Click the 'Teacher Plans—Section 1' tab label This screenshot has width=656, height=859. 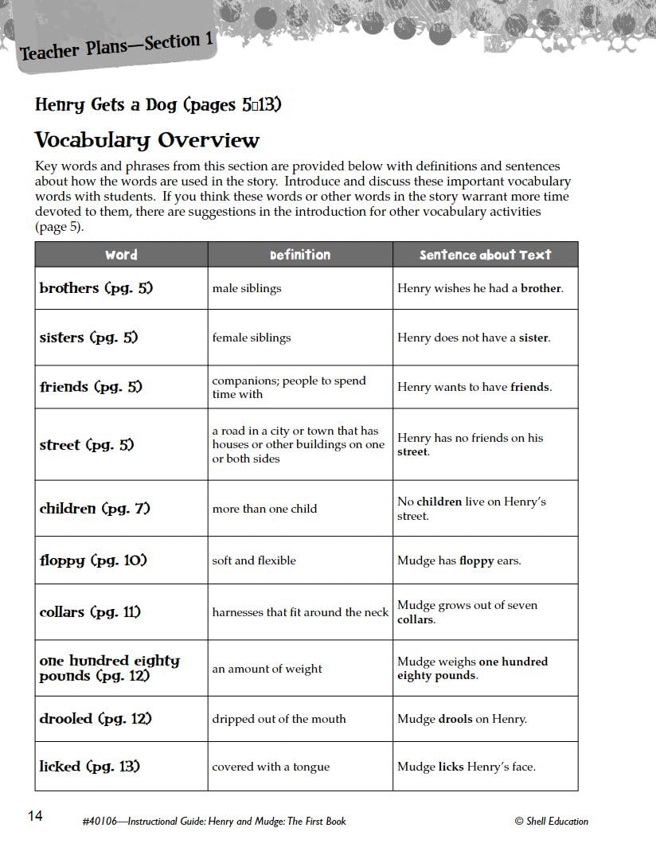coord(116,48)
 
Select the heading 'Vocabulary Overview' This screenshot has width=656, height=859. coord(147,140)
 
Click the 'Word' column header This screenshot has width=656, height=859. coord(121,255)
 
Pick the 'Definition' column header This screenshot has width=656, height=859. coord(300,255)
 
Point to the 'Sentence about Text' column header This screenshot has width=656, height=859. coord(485,255)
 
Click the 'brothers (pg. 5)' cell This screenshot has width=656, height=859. coord(96,288)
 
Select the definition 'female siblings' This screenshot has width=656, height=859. coord(252,338)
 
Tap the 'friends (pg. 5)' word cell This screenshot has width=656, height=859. coord(91,387)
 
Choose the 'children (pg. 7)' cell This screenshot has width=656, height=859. coord(95,508)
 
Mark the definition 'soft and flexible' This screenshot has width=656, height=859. coord(254,560)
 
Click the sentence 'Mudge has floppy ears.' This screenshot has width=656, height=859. coord(459,560)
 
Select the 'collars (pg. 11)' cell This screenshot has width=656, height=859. coord(90,612)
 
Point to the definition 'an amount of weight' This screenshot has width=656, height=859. coord(267,669)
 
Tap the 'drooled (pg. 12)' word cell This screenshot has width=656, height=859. coord(96,719)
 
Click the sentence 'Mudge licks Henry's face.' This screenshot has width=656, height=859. coord(467,767)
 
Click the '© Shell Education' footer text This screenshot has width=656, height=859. coord(551,821)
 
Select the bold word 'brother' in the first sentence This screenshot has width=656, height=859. coord(541,288)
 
